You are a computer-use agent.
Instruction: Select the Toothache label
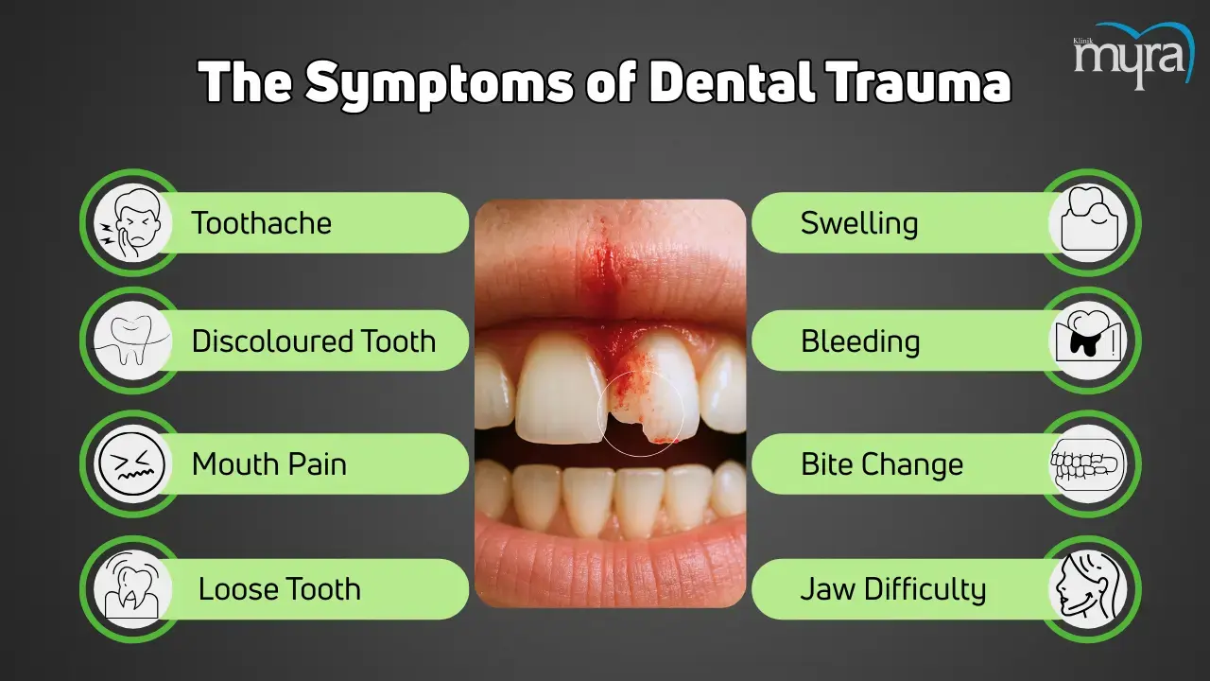coord(262,222)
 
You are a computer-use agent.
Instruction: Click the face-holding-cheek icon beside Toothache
coord(132,222)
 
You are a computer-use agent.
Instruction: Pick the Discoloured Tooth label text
coord(314,341)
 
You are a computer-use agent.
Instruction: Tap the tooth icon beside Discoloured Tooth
coord(132,340)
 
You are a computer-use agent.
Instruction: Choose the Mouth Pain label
coord(269,464)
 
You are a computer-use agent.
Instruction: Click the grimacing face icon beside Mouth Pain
coord(132,464)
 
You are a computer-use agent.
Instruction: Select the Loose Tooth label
coord(279,588)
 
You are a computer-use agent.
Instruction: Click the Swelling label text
coord(859,223)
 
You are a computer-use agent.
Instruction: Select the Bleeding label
coord(860,341)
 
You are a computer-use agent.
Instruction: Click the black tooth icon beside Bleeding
coord(1088,340)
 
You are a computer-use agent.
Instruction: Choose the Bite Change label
coord(882,464)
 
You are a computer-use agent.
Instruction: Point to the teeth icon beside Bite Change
coord(1088,464)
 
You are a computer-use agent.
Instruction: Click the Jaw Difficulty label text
coord(893,589)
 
